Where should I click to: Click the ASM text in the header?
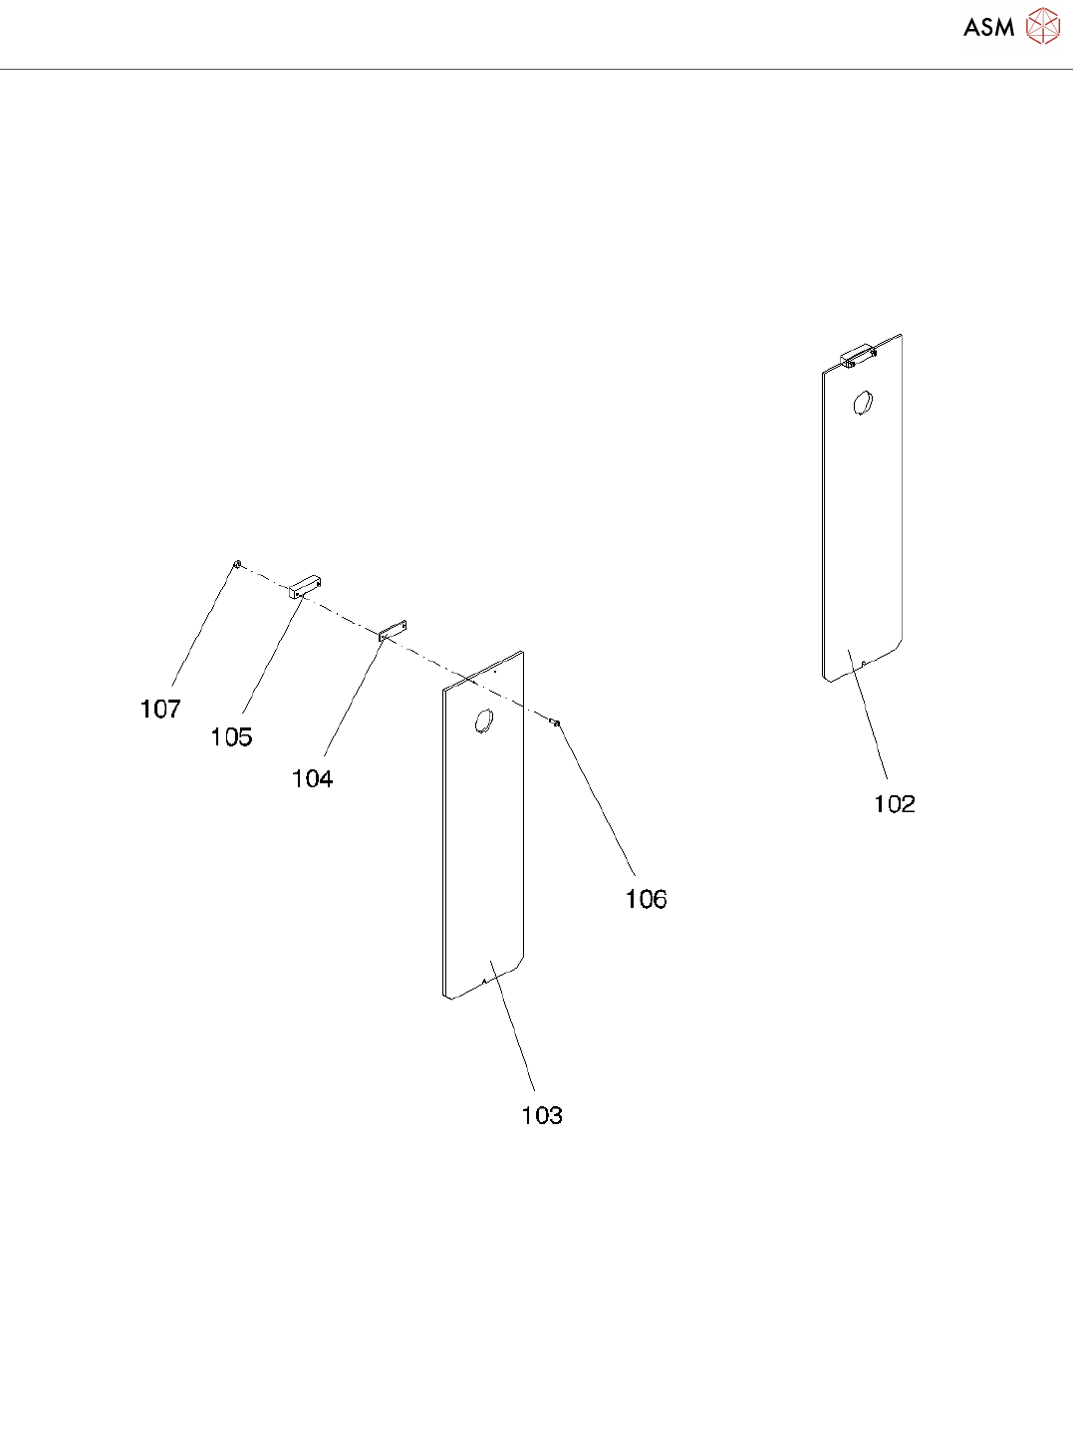988,28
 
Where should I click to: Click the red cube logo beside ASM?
1043,26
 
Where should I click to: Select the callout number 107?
160,710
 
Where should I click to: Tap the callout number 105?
231,737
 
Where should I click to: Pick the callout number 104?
312,779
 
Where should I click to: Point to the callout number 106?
646,900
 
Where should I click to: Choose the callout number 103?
542,1116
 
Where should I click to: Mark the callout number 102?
894,804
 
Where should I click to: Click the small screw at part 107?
237,564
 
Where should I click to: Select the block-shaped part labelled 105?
307,586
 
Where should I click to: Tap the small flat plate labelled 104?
395,629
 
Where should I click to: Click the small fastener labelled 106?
555,722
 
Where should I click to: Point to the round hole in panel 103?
484,721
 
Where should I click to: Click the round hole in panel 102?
863,404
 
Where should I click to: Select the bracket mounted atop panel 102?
857,356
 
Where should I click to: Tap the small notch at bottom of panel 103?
484,981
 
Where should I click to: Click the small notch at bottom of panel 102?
864,663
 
